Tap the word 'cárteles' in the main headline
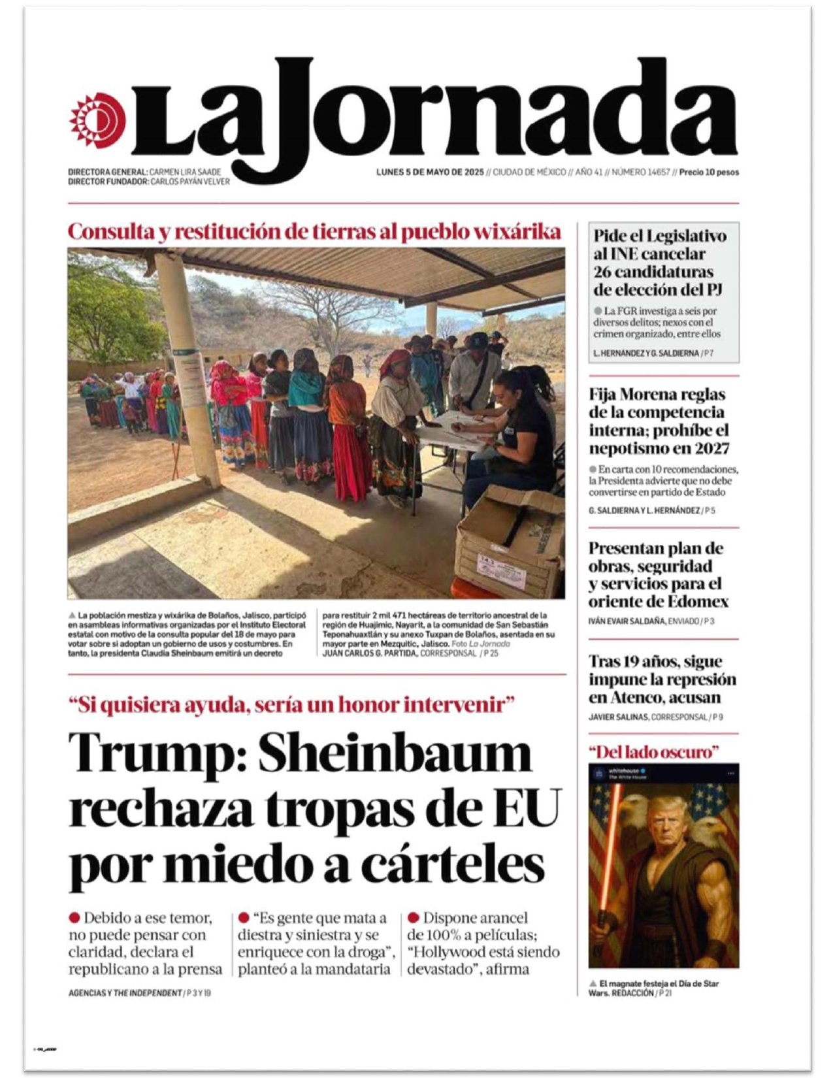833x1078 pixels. click(453, 864)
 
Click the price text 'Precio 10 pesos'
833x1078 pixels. click(709, 172)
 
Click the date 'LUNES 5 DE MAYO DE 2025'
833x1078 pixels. click(429, 172)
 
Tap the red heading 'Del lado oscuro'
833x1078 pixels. click(653, 752)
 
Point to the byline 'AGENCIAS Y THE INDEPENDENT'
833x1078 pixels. click(125, 993)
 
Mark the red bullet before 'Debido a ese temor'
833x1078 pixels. click(74, 918)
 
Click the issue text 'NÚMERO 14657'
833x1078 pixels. click(640, 172)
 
